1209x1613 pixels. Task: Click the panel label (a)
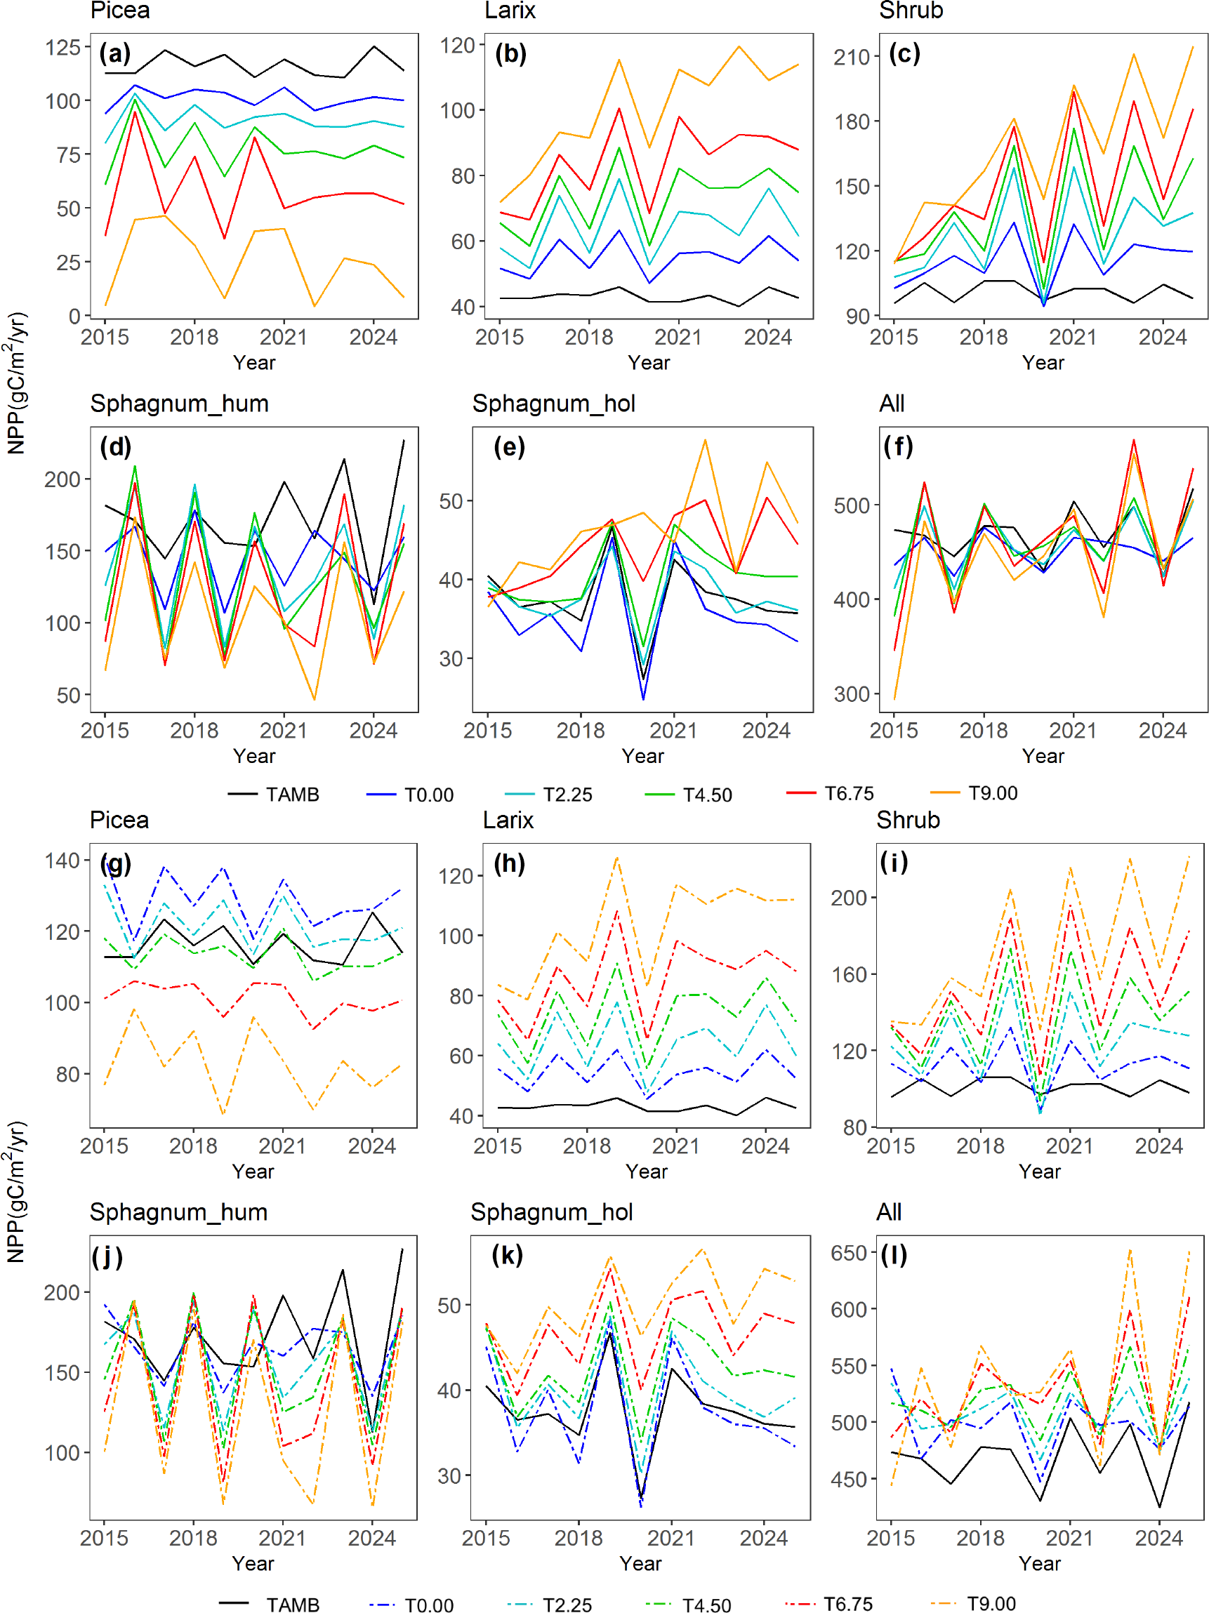(115, 53)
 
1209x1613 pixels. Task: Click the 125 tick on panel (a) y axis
(63, 48)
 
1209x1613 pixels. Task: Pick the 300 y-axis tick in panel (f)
(852, 693)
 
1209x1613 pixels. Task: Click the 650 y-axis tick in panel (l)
(849, 1253)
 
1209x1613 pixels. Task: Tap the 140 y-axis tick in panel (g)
(62, 861)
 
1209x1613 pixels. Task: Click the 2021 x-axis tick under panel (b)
(678, 337)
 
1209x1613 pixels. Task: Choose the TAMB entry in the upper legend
(275, 794)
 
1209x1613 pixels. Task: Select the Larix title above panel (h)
(508, 820)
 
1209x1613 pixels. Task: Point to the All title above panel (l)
(889, 1212)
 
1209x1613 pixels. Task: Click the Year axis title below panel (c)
(1043, 362)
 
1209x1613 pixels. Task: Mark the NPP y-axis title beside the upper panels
(16, 383)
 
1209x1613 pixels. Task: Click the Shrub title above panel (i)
(908, 820)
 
